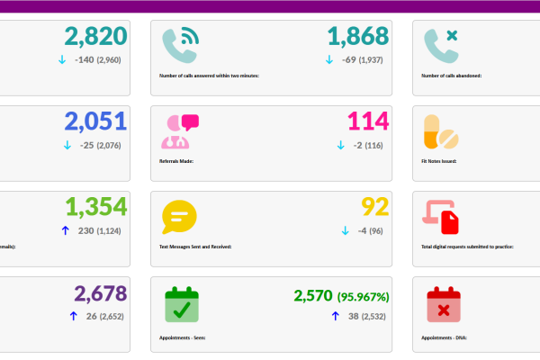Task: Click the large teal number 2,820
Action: coord(95,36)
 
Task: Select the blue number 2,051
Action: coord(95,121)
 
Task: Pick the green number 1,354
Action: coord(95,207)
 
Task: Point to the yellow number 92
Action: coord(374,207)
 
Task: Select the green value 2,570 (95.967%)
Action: coord(341,295)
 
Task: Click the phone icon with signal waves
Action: coord(179,44)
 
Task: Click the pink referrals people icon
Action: coord(179,130)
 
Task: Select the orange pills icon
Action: coord(441,131)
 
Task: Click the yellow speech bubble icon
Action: coord(178,217)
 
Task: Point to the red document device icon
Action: coord(441,217)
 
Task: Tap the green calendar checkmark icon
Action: coord(179,303)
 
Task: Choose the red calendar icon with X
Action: coord(441,303)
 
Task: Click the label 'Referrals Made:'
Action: coord(176,162)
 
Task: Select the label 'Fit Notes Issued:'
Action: coord(439,162)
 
